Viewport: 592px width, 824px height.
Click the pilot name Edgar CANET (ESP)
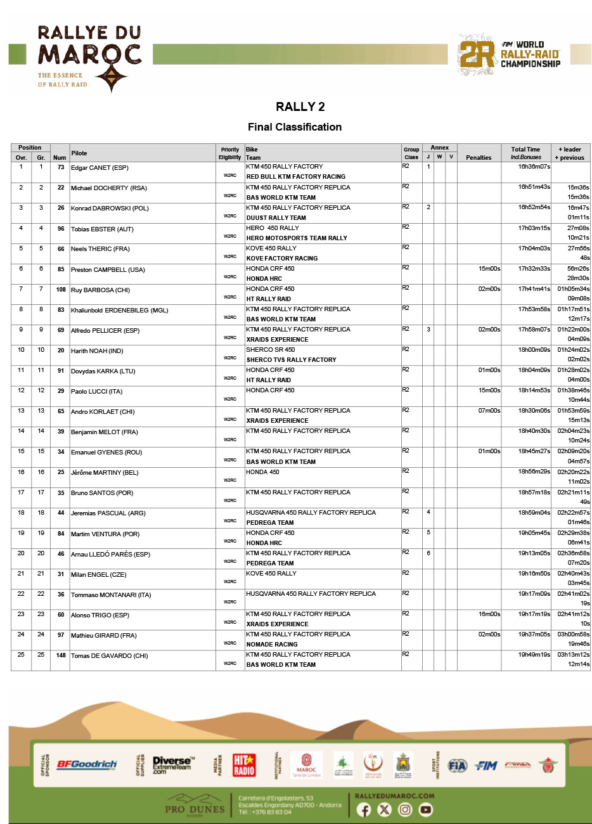pos(100,168)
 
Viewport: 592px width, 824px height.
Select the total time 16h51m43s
pos(534,187)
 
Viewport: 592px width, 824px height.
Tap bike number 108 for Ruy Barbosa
pos(61,290)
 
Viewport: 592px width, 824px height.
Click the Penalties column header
pos(479,157)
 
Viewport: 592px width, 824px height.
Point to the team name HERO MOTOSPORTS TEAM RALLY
pos(297,238)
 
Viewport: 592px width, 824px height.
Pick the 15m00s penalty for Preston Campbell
pos(489,269)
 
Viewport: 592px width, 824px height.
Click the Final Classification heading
pos(295,127)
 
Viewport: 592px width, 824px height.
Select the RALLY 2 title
pos(300,106)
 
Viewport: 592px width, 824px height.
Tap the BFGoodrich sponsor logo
pos(87,764)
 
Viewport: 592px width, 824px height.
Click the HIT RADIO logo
pos(244,765)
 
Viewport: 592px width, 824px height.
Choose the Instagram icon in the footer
pos(405,809)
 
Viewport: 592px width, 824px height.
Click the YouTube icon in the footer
pos(426,809)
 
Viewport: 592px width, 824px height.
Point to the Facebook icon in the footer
pos(364,809)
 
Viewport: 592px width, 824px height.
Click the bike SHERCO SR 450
pos(271,349)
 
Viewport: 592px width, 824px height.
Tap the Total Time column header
pos(525,150)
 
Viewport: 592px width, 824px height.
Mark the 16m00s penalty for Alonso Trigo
pos(489,614)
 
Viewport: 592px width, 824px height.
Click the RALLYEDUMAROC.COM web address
pos(394,796)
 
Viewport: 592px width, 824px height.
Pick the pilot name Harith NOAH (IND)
pos(97,351)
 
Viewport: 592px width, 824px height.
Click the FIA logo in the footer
pos(457,766)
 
